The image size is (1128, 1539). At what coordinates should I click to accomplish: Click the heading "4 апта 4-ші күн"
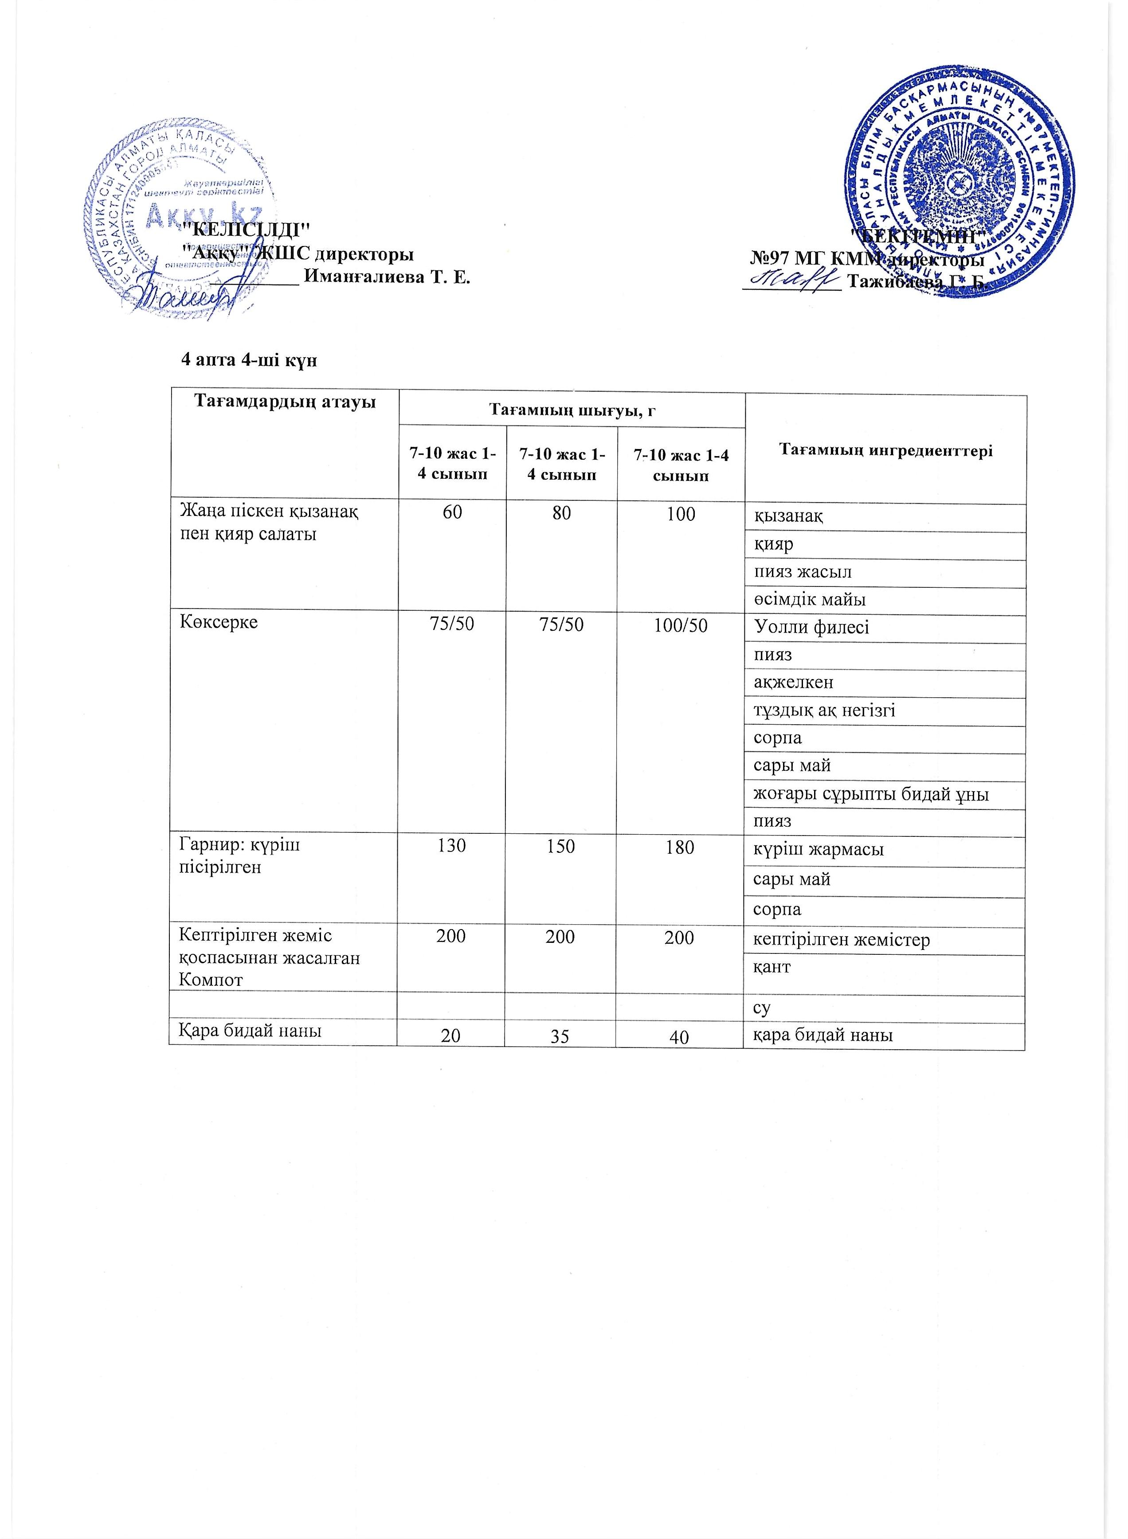(249, 360)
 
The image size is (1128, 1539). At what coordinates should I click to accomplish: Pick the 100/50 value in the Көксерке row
(680, 625)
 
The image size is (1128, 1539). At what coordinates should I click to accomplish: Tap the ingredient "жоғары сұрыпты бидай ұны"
(871, 794)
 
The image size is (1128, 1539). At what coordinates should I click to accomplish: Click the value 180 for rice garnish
(680, 847)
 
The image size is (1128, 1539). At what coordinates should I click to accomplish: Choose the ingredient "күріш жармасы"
(818, 850)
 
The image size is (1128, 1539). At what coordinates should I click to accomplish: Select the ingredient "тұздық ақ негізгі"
(824, 711)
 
